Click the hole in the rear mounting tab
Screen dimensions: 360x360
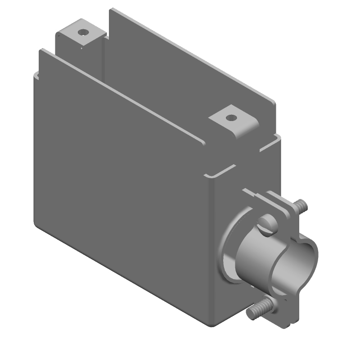[83, 33]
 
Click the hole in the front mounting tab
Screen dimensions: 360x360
[230, 118]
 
